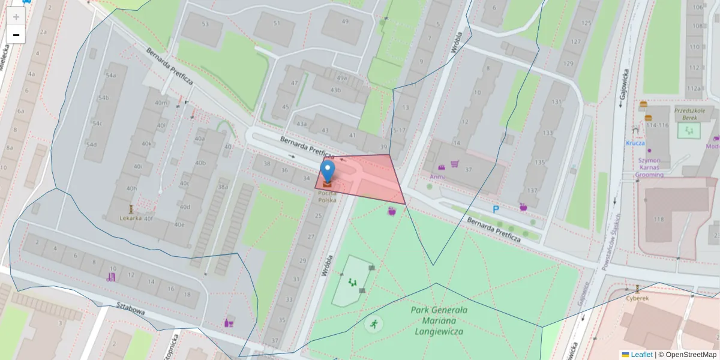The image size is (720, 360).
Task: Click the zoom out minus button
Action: pyautogui.click(x=16, y=35)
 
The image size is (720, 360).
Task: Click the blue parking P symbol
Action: pyautogui.click(x=496, y=209)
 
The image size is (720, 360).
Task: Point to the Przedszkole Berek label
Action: pyautogui.click(x=692, y=114)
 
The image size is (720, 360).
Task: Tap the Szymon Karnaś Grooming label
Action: pyautogui.click(x=649, y=167)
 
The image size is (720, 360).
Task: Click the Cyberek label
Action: pyautogui.click(x=637, y=298)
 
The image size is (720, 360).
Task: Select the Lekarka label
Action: pyautogui.click(x=130, y=218)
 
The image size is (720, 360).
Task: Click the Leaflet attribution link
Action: pyautogui.click(x=641, y=355)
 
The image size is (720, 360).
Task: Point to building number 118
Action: pyautogui.click(x=659, y=220)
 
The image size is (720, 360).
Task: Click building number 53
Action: pyautogui.click(x=205, y=24)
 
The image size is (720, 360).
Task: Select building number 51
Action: pyautogui.click(x=276, y=23)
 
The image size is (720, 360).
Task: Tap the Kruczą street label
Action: pyautogui.click(x=635, y=143)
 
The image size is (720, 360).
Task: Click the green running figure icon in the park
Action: pyautogui.click(x=373, y=324)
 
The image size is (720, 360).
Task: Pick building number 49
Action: pyautogui.click(x=345, y=22)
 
